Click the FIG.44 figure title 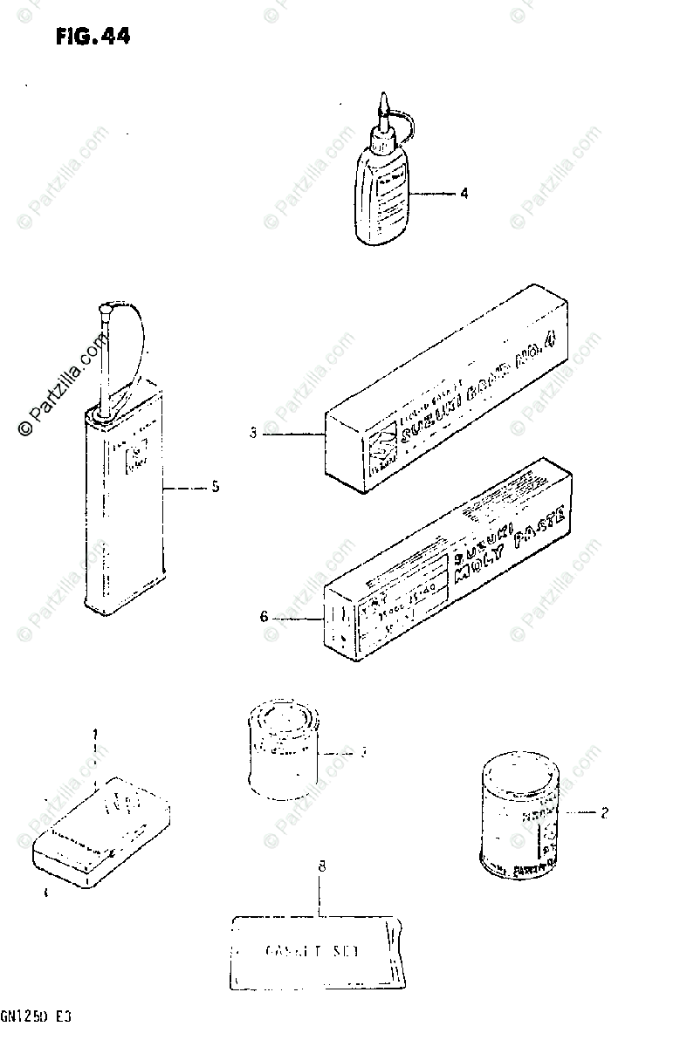[92, 37]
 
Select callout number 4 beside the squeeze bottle [464, 193]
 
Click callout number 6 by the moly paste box [263, 617]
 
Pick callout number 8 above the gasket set [321, 866]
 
